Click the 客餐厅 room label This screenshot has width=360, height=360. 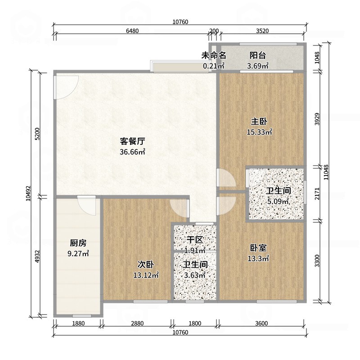(x=132, y=141)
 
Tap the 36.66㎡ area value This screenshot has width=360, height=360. (x=132, y=152)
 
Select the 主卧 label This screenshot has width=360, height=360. (x=259, y=121)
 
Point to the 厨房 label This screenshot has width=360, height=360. (x=78, y=243)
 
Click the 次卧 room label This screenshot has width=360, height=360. (x=146, y=265)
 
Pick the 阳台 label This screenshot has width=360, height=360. (x=258, y=55)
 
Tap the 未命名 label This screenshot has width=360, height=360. (x=214, y=55)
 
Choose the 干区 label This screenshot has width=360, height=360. (x=195, y=240)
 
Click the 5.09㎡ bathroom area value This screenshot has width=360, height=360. (x=278, y=201)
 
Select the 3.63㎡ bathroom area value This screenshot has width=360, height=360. (x=195, y=275)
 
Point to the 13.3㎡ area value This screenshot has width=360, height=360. (x=258, y=258)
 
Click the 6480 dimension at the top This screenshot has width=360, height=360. (x=132, y=31)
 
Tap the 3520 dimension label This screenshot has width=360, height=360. (x=262, y=31)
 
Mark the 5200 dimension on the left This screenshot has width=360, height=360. (x=37, y=134)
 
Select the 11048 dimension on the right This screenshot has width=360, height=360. (x=326, y=172)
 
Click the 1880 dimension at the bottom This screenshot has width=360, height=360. (x=78, y=323)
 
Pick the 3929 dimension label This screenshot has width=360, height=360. (x=317, y=119)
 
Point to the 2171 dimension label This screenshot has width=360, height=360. (x=317, y=194)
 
